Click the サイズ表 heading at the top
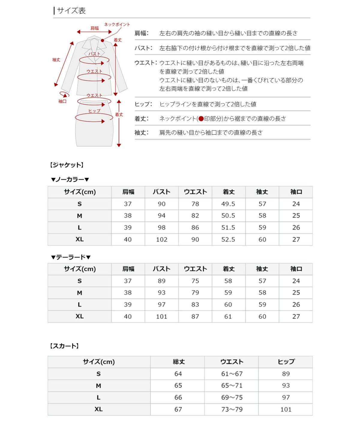(71, 11)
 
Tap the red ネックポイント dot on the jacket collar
(102, 40)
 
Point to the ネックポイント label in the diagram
(117, 25)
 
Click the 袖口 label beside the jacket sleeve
(62, 101)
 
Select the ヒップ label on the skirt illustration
(94, 111)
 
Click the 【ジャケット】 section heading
(66, 165)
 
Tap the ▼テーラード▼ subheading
(70, 257)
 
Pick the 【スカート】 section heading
(64, 346)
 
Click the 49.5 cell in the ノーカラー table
(228, 204)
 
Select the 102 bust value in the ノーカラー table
(161, 239)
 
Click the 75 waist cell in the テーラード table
(195, 281)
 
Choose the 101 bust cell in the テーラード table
(161, 316)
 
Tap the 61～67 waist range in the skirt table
(232, 374)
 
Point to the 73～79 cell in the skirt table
(232, 409)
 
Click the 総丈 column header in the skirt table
(178, 362)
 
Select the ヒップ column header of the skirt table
(286, 362)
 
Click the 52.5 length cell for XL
(228, 239)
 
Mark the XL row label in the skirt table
(98, 409)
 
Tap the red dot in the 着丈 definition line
(201, 119)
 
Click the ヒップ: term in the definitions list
(143, 104)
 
